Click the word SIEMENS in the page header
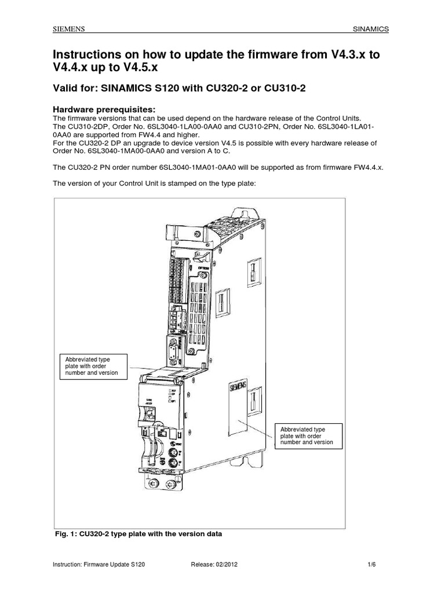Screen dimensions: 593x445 [68, 29]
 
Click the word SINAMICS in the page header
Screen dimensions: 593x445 [371, 29]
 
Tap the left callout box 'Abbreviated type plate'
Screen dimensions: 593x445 [93, 367]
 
